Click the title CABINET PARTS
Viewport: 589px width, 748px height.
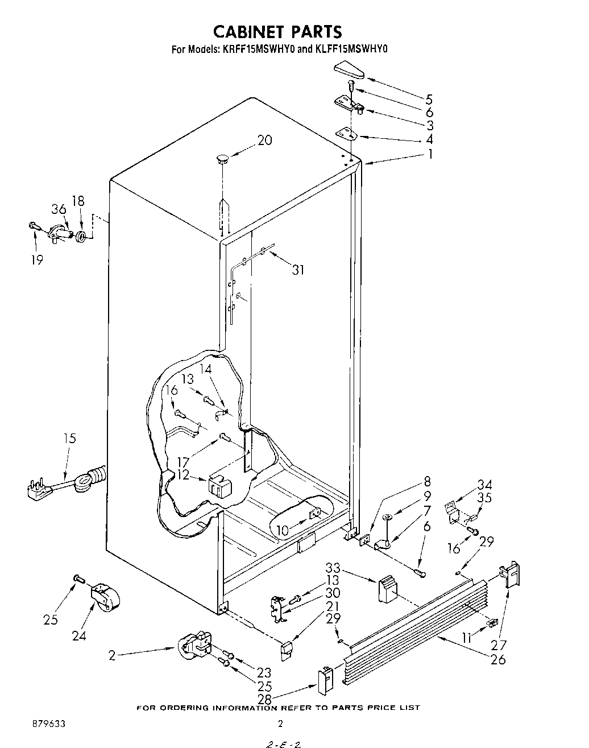(278, 31)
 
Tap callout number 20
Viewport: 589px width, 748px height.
(264, 140)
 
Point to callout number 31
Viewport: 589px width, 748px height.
(298, 269)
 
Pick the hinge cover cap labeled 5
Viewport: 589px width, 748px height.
(348, 72)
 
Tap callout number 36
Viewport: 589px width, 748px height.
(59, 209)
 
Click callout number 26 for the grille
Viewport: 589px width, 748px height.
(498, 659)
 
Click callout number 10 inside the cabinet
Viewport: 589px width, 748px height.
(283, 531)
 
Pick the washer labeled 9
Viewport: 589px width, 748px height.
(388, 517)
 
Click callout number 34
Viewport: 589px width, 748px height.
(484, 485)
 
